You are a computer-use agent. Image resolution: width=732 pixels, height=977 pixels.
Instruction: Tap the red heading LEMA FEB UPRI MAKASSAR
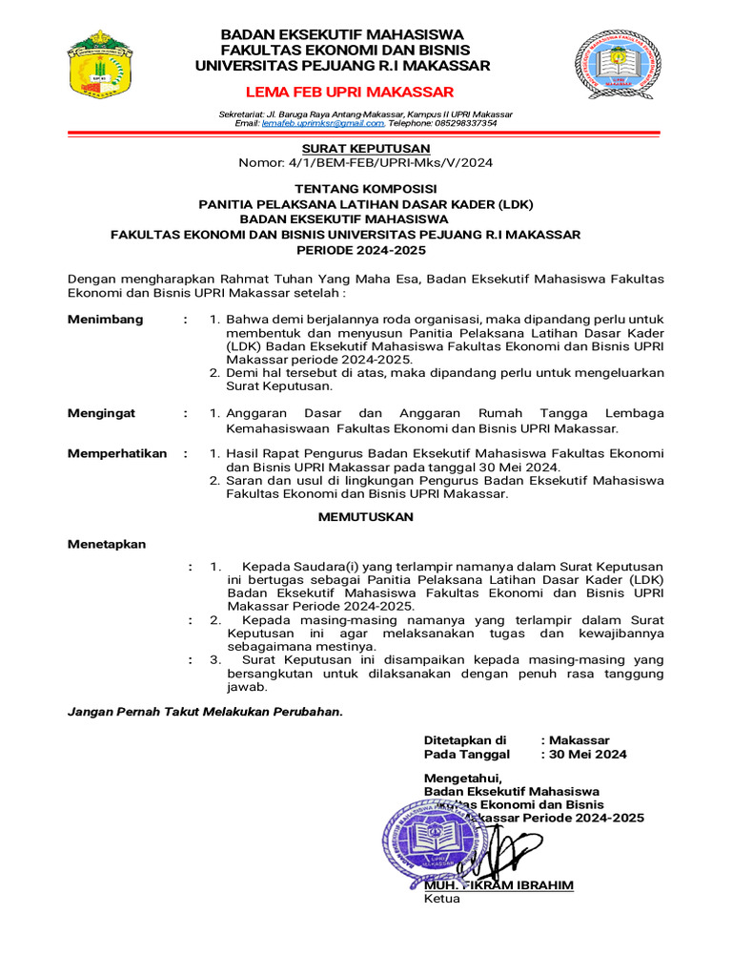point(350,92)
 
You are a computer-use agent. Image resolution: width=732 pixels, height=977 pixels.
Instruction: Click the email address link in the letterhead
point(323,123)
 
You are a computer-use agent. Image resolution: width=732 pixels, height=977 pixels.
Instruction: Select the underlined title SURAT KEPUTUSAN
point(366,148)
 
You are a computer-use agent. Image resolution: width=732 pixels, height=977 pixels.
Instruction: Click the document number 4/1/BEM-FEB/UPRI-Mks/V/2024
point(397,163)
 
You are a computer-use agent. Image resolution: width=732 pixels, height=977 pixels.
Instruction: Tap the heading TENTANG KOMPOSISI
point(366,189)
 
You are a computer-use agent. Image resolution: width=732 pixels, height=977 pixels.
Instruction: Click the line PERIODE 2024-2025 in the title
point(366,250)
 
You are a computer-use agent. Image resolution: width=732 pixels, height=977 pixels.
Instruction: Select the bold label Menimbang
point(106,319)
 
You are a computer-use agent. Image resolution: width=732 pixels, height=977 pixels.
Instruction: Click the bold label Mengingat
point(102,413)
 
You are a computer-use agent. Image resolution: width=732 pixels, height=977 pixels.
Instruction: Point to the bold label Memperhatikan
point(117,453)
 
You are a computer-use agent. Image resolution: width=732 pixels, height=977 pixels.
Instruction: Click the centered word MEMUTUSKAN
point(366,516)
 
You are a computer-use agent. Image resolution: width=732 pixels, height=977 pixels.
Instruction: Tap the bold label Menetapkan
point(107,544)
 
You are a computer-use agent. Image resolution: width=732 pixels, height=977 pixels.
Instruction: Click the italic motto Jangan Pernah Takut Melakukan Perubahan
point(205,712)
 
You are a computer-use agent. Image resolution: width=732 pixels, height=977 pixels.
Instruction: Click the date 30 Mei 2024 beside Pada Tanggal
point(588,754)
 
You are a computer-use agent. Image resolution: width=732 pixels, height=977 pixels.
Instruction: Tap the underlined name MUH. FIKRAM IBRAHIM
point(498,884)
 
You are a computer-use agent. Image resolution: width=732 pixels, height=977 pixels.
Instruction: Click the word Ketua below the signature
point(442,899)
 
